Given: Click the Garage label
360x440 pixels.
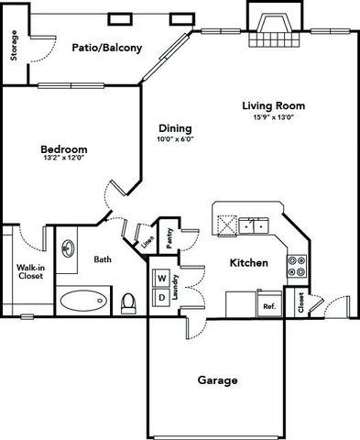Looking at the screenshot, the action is [x=217, y=380].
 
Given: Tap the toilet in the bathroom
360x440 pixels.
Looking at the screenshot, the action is [x=128, y=303].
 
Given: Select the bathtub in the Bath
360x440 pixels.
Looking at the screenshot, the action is [x=83, y=301].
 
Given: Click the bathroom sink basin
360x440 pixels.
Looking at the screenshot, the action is [x=68, y=248].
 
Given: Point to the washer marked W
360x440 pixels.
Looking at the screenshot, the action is [x=162, y=279].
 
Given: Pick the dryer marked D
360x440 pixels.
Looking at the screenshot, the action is [x=162, y=298].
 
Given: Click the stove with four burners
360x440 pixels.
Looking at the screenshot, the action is [x=297, y=266].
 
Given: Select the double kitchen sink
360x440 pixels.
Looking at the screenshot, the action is [x=254, y=226].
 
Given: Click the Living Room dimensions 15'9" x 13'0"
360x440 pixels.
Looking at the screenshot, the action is [x=274, y=117].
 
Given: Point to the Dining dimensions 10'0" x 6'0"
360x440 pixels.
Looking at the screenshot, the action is [x=176, y=139].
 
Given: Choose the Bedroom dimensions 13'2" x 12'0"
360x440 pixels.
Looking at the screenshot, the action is [x=64, y=158].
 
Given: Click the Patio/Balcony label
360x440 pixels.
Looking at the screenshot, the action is [x=107, y=48].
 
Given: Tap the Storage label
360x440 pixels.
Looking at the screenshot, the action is [x=14, y=45].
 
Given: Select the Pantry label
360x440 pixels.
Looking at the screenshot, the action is [x=169, y=238].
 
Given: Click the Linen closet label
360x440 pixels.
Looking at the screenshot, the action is [x=147, y=242].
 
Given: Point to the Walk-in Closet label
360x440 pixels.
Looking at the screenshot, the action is [x=30, y=271].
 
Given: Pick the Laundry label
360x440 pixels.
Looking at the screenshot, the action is [x=175, y=287].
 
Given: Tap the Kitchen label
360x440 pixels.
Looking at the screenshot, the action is [x=249, y=263].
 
